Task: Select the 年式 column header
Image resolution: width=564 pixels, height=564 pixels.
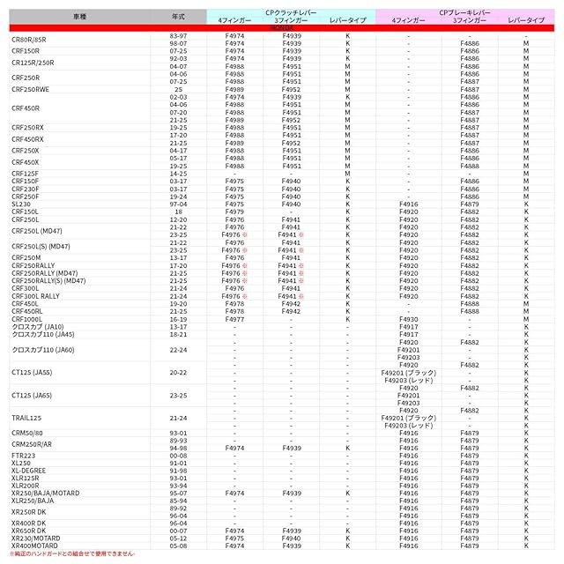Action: [x=179, y=17]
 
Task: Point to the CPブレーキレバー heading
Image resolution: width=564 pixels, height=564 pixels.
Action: [x=464, y=12]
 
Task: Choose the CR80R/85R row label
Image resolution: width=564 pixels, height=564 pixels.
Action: [x=30, y=39]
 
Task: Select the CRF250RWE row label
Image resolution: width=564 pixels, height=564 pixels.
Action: [x=31, y=89]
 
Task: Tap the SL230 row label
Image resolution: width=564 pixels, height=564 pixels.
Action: [x=21, y=204]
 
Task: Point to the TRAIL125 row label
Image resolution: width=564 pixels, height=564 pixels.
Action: [x=27, y=418]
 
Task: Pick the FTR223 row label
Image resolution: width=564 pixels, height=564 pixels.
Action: [x=24, y=456]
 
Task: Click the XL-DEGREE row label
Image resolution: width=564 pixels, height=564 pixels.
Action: [x=29, y=471]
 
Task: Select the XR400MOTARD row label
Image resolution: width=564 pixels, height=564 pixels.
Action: [x=35, y=546]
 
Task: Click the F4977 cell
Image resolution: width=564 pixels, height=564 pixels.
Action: [x=235, y=318]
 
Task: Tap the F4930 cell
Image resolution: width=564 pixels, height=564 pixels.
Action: [x=408, y=318]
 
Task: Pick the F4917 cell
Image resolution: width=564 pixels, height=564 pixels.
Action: [x=408, y=335]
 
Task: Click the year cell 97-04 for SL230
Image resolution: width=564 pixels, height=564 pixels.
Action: [x=179, y=204]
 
